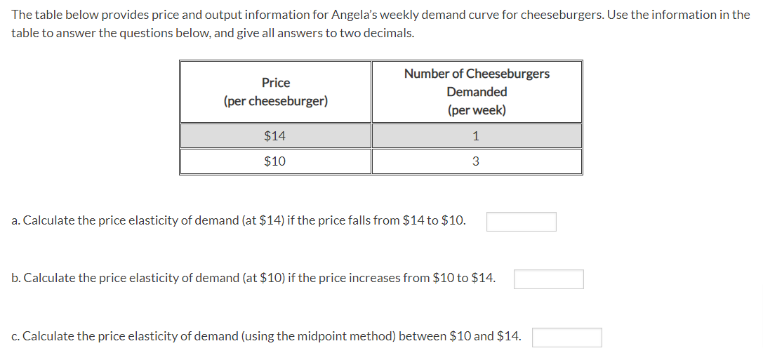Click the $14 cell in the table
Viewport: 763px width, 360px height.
274,135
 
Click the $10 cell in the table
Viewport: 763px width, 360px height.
274,161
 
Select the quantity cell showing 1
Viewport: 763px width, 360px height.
476,135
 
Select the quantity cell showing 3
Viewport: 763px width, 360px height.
476,161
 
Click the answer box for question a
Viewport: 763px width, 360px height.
521,222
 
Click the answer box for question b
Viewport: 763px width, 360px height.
548,279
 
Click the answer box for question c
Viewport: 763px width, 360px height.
566,338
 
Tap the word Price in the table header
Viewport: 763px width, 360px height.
275,83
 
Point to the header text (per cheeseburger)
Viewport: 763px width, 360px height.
275,101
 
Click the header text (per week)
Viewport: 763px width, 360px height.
477,110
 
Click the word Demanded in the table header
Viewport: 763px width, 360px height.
477,92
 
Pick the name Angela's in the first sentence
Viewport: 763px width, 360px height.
352,15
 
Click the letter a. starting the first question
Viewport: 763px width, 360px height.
16,220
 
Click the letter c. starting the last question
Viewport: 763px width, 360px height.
16,336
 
